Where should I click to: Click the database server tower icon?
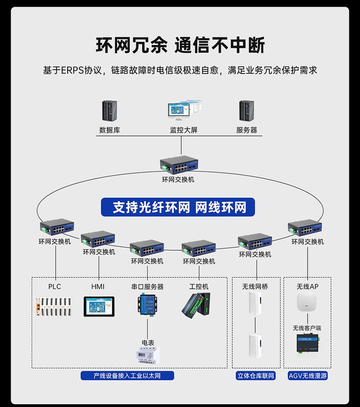coord(109,111)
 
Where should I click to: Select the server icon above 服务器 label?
coord(247,111)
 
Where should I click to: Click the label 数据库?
coord(109,130)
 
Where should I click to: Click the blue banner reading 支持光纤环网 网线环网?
coord(180,207)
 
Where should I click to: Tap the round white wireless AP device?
coord(307,303)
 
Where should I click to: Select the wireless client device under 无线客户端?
coord(307,344)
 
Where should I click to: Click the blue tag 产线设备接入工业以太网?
coord(127,376)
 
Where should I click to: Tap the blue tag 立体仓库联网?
coord(256,376)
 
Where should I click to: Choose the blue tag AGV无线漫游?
coord(308,376)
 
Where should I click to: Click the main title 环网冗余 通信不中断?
coord(180,46)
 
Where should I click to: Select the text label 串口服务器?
coord(147,287)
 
